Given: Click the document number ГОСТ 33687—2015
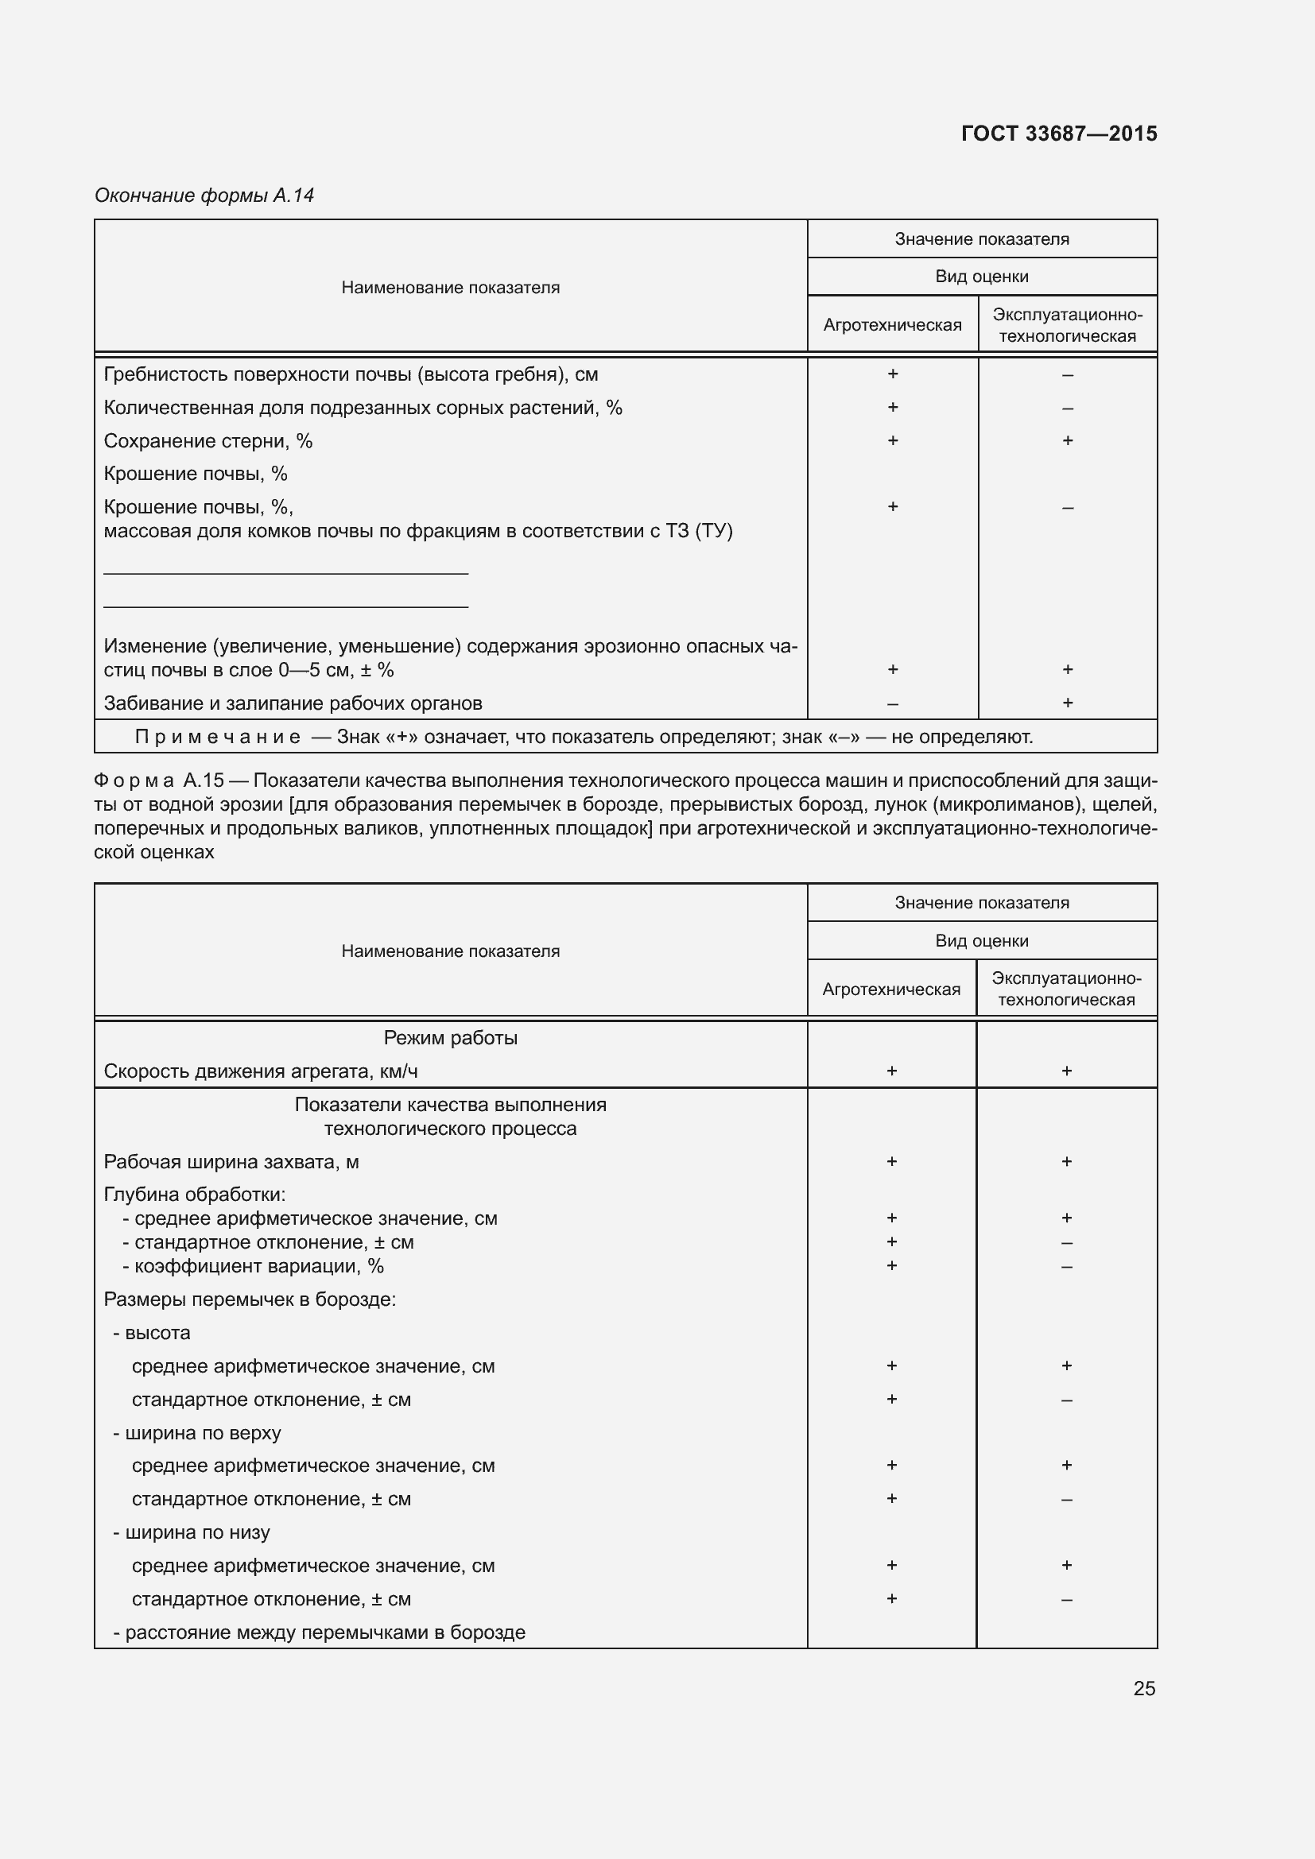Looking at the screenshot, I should (x=1058, y=134).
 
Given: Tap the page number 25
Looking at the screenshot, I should (x=1144, y=1688).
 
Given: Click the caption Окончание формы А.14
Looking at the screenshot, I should (x=204, y=196).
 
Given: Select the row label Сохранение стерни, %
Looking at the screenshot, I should (x=208, y=441).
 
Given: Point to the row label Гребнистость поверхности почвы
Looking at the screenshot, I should (x=351, y=374).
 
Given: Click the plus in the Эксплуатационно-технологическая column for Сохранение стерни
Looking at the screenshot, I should (x=1067, y=440).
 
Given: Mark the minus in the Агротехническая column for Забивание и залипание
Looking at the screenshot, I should (x=892, y=703).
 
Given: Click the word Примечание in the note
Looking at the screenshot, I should (x=217, y=737).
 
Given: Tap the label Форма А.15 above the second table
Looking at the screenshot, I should (x=159, y=780).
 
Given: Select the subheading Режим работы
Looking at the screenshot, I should (x=450, y=1038).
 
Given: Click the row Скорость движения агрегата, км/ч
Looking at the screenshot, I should (x=261, y=1071).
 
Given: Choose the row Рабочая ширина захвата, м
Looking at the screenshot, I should (x=231, y=1162).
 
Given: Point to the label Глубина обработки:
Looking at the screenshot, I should (x=194, y=1195).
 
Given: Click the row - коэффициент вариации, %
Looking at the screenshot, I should (x=253, y=1265).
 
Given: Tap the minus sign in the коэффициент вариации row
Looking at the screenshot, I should (x=1066, y=1266).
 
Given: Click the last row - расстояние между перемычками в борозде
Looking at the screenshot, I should (x=319, y=1632).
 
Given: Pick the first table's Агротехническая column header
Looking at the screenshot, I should (x=892, y=325).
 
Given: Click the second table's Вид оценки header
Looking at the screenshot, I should (x=981, y=941).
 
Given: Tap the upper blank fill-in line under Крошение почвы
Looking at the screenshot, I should (x=286, y=572).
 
